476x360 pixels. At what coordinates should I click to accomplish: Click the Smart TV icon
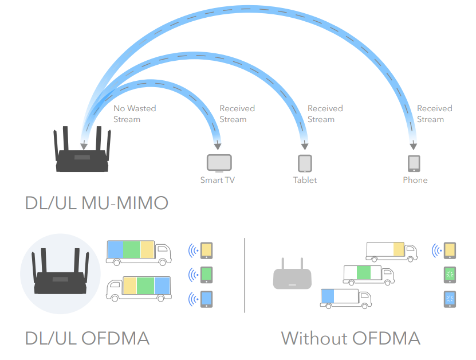(x=219, y=163)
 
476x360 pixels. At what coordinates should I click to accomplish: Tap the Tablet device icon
(x=305, y=163)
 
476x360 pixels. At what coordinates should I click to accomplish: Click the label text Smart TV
(x=217, y=180)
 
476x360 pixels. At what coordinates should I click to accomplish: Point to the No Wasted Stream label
(x=134, y=114)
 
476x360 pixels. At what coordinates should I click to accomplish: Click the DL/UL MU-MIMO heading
(x=96, y=204)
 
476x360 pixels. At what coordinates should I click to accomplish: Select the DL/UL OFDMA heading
(x=87, y=338)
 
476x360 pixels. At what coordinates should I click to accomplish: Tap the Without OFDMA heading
(x=351, y=338)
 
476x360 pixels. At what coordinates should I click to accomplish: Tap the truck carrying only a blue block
(x=346, y=297)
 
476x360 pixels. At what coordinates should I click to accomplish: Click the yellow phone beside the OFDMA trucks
(x=207, y=250)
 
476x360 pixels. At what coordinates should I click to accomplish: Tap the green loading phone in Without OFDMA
(x=450, y=274)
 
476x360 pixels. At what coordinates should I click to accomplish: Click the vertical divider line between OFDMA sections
(x=245, y=275)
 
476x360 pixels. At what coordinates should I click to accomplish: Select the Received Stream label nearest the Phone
(x=434, y=114)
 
